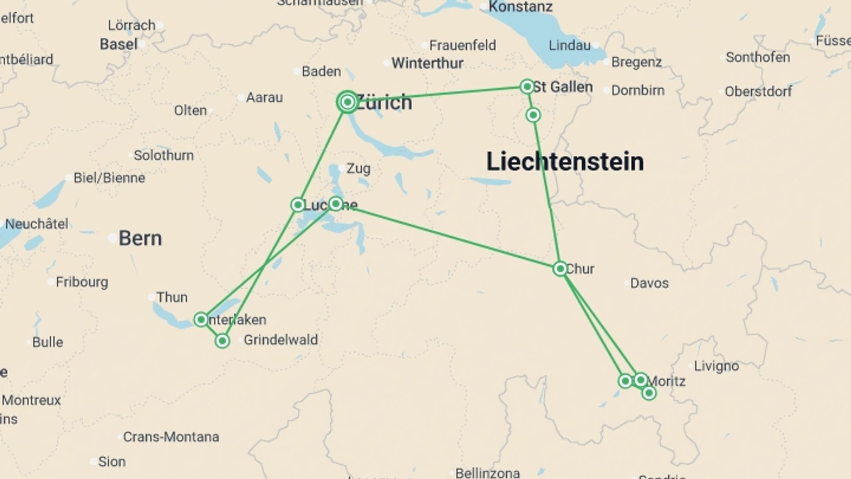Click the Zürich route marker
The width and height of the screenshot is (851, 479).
point(347,102)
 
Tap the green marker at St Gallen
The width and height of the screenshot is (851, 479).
point(527,86)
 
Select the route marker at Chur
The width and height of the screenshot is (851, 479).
point(560,269)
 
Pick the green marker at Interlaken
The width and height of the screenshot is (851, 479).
point(201,319)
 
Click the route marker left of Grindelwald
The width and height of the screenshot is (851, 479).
point(222,341)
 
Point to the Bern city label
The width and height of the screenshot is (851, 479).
point(140,239)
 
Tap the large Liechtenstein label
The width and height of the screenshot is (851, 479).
point(565,161)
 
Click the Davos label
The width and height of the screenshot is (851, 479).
point(649,283)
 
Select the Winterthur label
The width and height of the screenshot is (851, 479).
point(427,63)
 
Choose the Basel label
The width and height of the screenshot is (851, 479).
point(118,44)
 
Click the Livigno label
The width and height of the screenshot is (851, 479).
point(716,366)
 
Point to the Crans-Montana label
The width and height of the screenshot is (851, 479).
point(171,437)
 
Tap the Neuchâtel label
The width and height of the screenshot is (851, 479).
point(37,224)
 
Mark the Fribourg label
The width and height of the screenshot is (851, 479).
point(82,282)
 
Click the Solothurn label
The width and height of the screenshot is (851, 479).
point(164,155)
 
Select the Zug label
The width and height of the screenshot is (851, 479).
point(358,169)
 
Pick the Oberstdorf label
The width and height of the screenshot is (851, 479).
point(758,91)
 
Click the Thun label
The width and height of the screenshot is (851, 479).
point(172,297)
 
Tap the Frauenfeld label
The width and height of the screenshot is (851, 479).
point(462,45)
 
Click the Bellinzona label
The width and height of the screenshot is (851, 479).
point(487,473)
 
